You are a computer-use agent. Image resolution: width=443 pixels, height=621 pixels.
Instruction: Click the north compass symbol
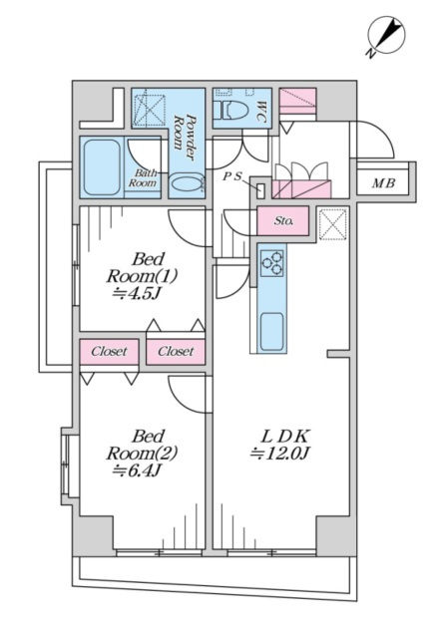(386, 36)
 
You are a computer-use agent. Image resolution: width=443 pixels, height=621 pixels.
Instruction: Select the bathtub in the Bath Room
(102, 167)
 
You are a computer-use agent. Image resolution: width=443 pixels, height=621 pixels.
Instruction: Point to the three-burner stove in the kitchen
(272, 263)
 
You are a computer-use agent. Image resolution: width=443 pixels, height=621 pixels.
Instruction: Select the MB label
(383, 183)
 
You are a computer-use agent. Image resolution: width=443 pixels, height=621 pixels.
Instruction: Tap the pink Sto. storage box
(282, 220)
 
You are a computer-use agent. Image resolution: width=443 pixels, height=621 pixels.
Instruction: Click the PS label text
(232, 176)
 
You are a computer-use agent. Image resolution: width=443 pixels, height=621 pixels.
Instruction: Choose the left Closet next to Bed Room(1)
(109, 351)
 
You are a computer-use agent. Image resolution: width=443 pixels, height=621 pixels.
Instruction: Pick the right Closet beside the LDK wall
(176, 351)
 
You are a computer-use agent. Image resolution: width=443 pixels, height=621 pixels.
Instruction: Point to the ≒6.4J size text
(137, 470)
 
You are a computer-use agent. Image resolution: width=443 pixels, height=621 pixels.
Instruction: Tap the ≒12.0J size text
(280, 453)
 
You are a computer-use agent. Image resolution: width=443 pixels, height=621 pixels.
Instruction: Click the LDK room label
(284, 437)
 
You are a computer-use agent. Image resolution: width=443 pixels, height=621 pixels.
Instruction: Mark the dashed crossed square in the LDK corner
(332, 224)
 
